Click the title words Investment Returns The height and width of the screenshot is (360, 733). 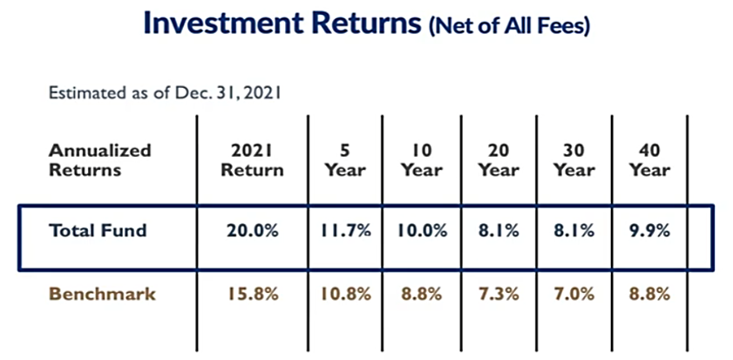tap(282, 23)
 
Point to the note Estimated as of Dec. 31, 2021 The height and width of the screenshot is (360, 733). tap(165, 92)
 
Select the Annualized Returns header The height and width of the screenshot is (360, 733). tap(100, 160)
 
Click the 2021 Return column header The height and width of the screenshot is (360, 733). tap(253, 160)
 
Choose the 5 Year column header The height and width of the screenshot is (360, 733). tap(345, 160)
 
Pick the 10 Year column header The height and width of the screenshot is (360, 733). tap(422, 160)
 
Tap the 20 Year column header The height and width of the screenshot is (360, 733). tap(499, 160)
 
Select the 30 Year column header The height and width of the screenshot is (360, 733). tap(574, 160)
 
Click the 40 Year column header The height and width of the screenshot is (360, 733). tap(650, 160)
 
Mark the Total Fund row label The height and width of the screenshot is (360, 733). tap(98, 230)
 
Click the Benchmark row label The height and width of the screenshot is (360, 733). tap(102, 295)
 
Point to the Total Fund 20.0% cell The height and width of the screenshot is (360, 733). tap(253, 231)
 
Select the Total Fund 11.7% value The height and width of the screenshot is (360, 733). tap(345, 231)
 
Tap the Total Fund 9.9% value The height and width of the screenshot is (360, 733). tap(650, 231)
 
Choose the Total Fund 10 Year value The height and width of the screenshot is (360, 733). tap(422, 231)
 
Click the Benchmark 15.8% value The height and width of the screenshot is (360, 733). tap(253, 295)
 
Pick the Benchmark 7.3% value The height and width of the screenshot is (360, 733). tap(499, 295)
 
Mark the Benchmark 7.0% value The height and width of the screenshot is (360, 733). tap(574, 295)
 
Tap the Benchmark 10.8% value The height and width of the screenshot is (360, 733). tap(345, 295)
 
